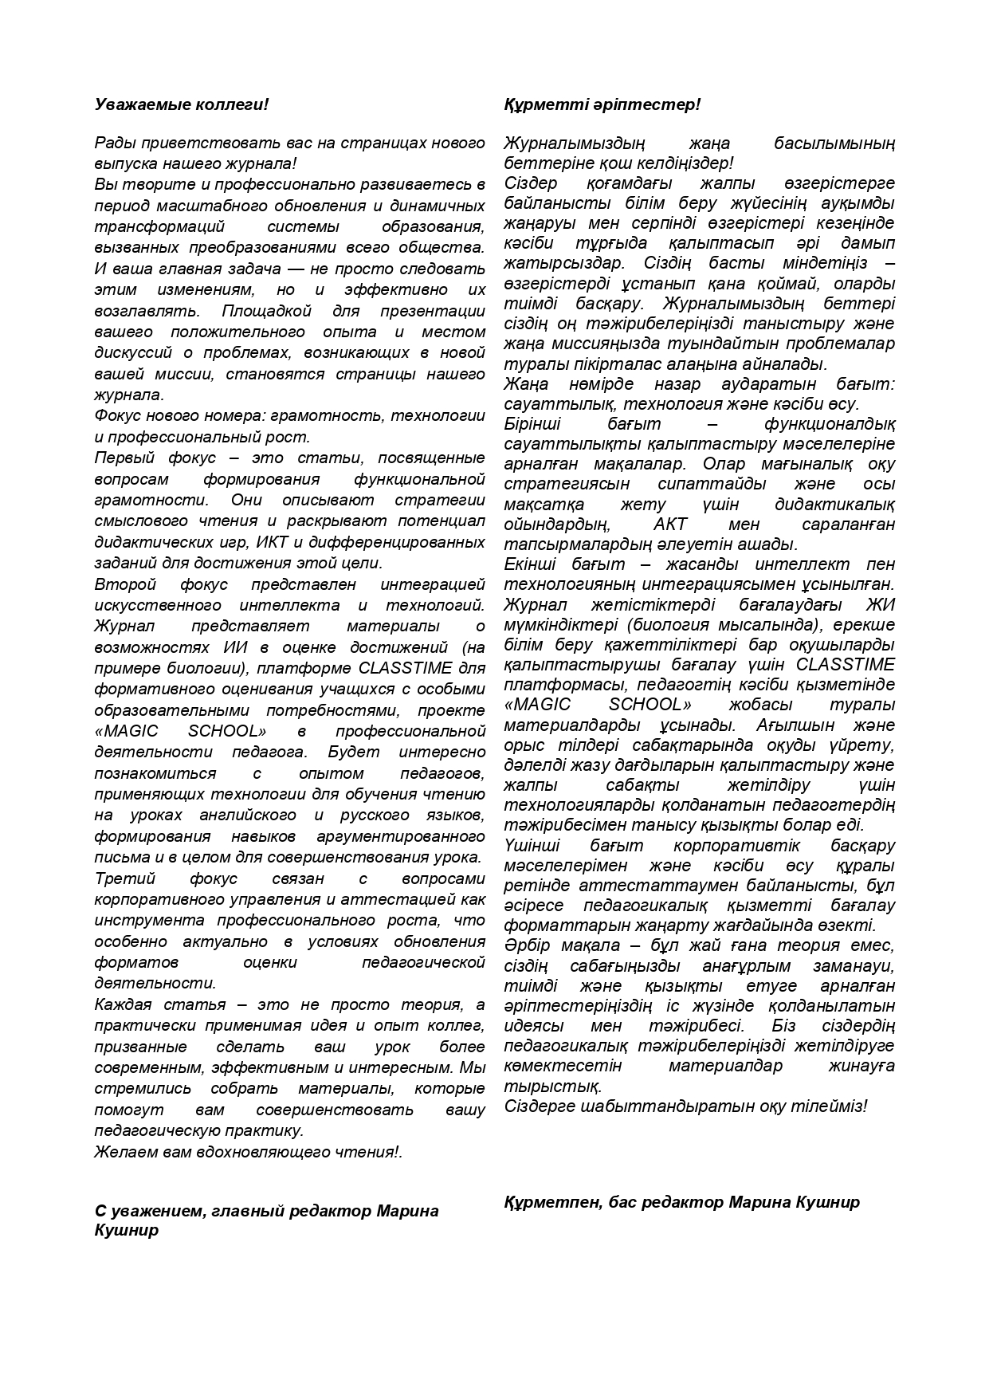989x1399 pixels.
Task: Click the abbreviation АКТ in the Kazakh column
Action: [669, 525]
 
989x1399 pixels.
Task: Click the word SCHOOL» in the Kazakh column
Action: [650, 705]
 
